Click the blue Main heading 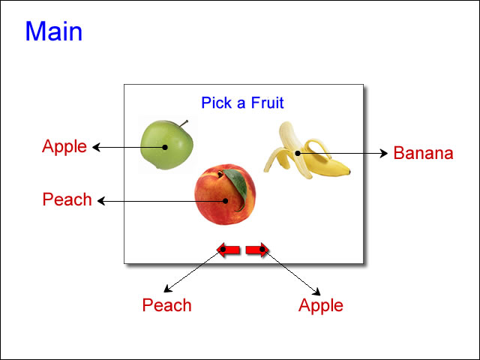pyautogui.click(x=54, y=31)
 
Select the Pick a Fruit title pyautogui.click(x=242, y=103)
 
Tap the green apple pyautogui.click(x=166, y=145)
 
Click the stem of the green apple pyautogui.click(x=184, y=123)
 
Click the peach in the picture pyautogui.click(x=225, y=195)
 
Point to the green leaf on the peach pyautogui.click(x=236, y=187)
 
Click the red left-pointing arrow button pyautogui.click(x=228, y=250)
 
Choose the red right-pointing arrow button pyautogui.click(x=257, y=250)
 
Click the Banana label pyautogui.click(x=423, y=153)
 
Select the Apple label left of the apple pyautogui.click(x=64, y=146)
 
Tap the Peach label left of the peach pyautogui.click(x=67, y=199)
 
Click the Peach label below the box pyautogui.click(x=166, y=305)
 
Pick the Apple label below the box pyautogui.click(x=321, y=305)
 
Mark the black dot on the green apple pyautogui.click(x=165, y=147)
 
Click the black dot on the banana pyautogui.click(x=298, y=153)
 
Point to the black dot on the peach pyautogui.click(x=225, y=201)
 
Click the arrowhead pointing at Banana pyautogui.click(x=384, y=153)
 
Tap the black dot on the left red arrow pyautogui.click(x=223, y=250)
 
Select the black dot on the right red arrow pyautogui.click(x=262, y=250)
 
